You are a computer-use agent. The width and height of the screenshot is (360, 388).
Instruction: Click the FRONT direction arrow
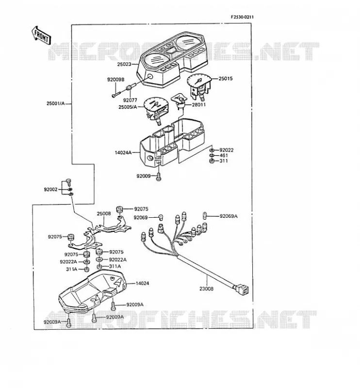coord(41,35)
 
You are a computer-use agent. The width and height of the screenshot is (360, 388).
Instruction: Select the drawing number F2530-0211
coord(242,17)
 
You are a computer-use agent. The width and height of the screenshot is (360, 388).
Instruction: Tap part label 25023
coord(124,65)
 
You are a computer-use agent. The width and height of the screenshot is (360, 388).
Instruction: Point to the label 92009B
coord(115,80)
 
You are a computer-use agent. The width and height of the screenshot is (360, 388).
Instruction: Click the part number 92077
coord(130,100)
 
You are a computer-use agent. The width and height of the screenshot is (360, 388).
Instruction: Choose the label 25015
coord(226,79)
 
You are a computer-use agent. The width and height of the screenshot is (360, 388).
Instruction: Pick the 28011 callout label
coord(199,105)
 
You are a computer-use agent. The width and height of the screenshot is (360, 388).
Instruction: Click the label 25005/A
coord(128,107)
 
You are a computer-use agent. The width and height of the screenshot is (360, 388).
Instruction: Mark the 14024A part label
coord(123,153)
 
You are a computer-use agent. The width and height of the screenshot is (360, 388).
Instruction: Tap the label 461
coord(224,155)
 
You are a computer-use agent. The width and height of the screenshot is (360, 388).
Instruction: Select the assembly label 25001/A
coord(56,103)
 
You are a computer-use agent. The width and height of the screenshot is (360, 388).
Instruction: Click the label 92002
coord(51,190)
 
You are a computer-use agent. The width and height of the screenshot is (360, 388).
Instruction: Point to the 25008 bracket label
coord(104,213)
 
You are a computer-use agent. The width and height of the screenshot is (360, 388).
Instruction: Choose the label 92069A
coord(229,216)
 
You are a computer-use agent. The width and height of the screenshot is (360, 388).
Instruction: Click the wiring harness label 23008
coord(206,289)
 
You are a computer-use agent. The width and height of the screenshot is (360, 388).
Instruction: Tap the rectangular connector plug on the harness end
coord(242,290)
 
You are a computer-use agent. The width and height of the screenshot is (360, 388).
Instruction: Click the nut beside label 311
coord(212,161)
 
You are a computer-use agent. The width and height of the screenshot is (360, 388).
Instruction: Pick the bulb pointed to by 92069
coord(161,218)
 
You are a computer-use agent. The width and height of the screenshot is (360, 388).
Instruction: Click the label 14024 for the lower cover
coord(142,283)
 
